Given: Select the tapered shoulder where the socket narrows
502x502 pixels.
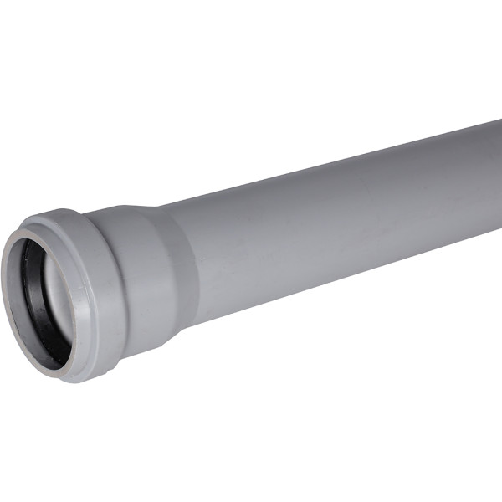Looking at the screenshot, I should click(x=180, y=268).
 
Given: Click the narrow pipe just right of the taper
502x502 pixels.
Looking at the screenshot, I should click(x=218, y=259).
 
